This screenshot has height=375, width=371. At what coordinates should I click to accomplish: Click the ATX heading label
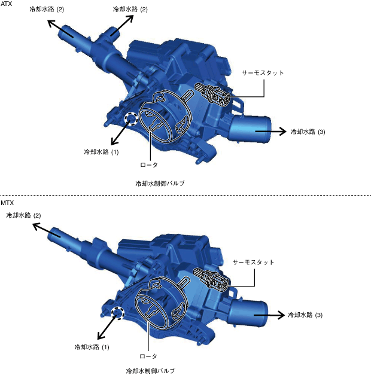pyautogui.click(x=6, y=4)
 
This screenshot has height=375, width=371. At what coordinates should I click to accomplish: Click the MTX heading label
pyautogui.click(x=7, y=203)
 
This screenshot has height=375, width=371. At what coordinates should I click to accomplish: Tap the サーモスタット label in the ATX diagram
pyautogui.click(x=263, y=73)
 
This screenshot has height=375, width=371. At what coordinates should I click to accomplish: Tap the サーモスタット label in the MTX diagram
pyautogui.click(x=253, y=263)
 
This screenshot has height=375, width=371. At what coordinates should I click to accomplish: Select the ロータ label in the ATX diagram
pyautogui.click(x=149, y=165)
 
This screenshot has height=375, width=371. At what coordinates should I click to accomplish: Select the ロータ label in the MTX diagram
pyautogui.click(x=148, y=356)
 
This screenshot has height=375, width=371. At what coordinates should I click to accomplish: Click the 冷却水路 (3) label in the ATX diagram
pyautogui.click(x=308, y=132)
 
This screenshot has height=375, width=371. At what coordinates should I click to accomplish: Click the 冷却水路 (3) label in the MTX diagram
pyautogui.click(x=305, y=315)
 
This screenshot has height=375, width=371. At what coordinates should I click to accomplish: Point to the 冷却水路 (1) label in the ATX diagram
pyautogui.click(x=101, y=152)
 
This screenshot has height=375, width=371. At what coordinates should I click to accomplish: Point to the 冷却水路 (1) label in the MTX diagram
pyautogui.click(x=92, y=347)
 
